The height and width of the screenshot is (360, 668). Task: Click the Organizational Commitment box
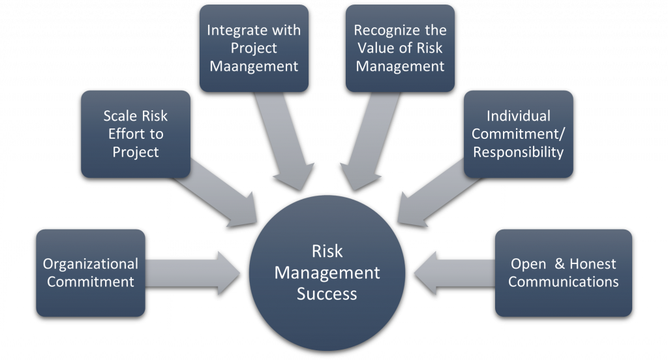coord(91,273)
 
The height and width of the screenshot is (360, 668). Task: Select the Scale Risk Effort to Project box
coord(136,134)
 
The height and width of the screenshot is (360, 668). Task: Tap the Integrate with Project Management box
coord(254,48)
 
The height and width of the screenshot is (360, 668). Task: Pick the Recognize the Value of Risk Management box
coord(400,48)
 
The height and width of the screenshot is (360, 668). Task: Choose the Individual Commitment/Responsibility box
coord(518,134)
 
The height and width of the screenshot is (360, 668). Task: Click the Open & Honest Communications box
coord(564,273)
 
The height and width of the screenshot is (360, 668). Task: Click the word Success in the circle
coord(327,293)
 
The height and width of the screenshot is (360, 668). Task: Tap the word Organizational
coord(91,264)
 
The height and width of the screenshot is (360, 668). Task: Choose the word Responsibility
coord(518,152)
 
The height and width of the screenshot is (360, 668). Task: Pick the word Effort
coord(136,134)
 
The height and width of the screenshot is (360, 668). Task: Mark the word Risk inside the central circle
coord(327,251)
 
